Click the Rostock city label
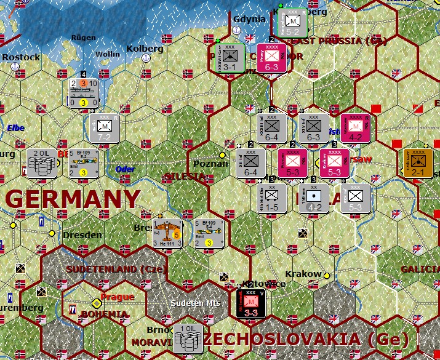point(21,57)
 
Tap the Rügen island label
point(84,37)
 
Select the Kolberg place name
point(145,49)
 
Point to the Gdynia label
point(249,19)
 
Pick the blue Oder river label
point(125,169)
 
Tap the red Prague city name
point(117,297)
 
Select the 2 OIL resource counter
point(42,163)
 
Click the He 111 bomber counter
point(169,234)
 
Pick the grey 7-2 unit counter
point(104,127)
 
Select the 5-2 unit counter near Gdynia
point(292,23)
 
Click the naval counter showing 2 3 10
point(84,93)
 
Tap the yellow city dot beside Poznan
point(222,155)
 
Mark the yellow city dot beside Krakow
point(327,276)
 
